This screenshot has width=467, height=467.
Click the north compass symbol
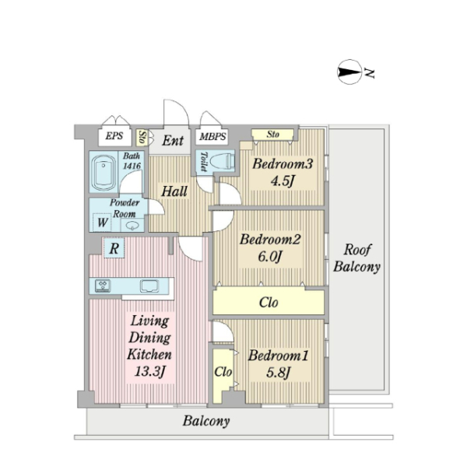coord(349,72)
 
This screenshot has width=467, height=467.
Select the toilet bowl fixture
coord(222,162)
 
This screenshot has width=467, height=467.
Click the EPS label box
coord(114,136)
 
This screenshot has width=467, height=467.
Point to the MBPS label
coord(212,137)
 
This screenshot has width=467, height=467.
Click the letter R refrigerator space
coord(114,248)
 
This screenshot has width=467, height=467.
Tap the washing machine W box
coord(103,222)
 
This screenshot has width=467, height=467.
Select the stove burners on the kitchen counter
coord(103,286)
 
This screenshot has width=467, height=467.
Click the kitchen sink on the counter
coord(149,286)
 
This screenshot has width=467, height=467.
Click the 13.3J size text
coord(149,371)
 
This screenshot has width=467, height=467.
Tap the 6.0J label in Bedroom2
coord(269,256)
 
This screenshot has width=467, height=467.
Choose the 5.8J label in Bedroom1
coord(278,372)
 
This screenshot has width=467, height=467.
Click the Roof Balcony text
coord(356,258)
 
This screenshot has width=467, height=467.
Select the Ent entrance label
coord(173,140)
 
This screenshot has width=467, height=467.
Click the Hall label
coord(174,191)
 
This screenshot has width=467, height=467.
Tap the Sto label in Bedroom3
coord(273,135)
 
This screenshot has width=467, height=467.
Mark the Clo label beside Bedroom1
coord(223,372)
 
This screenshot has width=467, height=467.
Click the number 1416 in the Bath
coord(132,166)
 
